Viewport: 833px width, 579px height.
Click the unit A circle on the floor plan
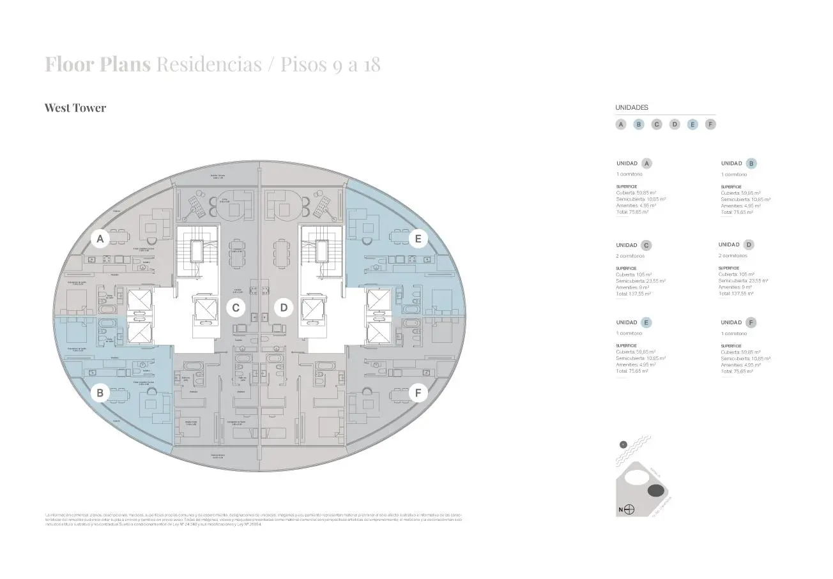tap(98, 239)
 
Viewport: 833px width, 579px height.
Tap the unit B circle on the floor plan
tap(100, 393)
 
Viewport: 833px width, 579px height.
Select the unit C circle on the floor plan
tap(236, 308)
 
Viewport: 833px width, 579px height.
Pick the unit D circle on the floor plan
tap(284, 308)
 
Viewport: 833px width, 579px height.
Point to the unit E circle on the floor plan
tap(418, 239)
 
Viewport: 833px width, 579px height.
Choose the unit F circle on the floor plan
tap(418, 393)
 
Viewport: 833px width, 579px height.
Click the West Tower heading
tap(75, 108)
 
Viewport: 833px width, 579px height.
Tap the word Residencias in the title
tap(208, 64)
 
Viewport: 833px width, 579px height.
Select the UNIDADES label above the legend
tap(632, 108)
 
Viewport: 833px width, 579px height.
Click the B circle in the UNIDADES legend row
tap(638, 124)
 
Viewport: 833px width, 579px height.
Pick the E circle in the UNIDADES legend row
tap(692, 124)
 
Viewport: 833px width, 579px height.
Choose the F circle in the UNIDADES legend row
tap(710, 124)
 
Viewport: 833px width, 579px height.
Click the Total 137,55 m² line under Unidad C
tap(633, 294)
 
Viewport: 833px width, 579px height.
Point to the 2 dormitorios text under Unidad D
tap(733, 256)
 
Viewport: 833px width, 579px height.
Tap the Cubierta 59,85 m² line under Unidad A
tap(636, 193)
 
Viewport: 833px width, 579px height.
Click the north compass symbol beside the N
tap(629, 509)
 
